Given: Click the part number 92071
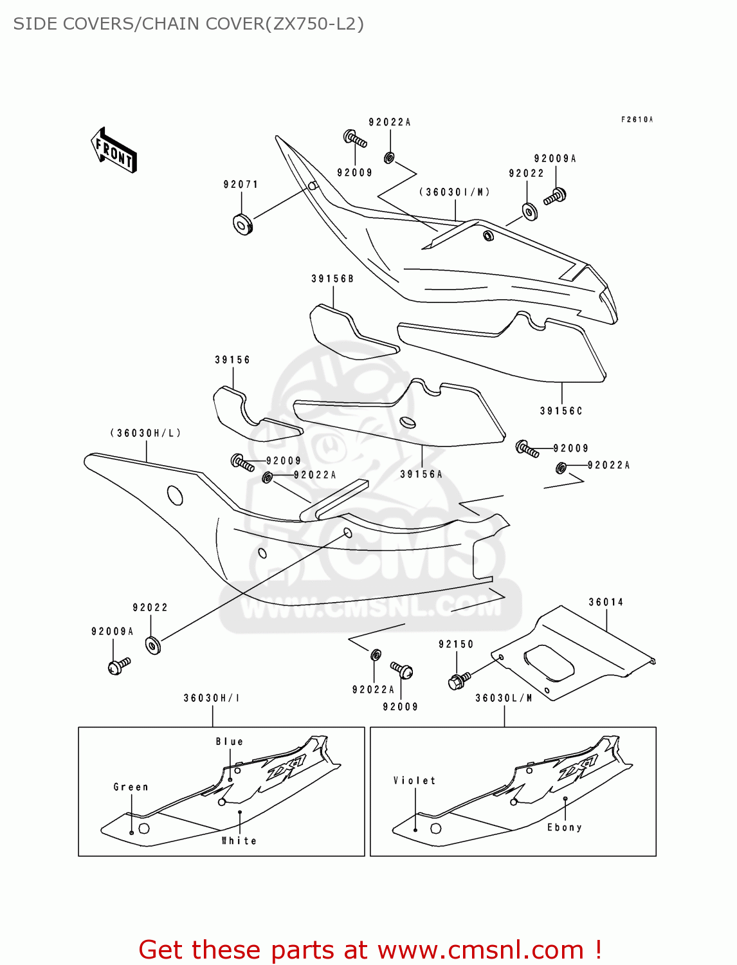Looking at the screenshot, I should point(241,185).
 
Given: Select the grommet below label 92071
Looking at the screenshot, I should point(242,224).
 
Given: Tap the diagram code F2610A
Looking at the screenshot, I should point(637,120).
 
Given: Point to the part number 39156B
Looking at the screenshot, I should point(332,279).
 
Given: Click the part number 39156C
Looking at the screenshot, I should point(561,410).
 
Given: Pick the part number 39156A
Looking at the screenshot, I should point(421,474).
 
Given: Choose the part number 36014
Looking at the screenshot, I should point(606,602).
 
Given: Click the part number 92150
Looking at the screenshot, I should point(456,644).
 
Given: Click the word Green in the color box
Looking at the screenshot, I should point(131,787).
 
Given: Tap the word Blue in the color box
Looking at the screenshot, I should point(230,742).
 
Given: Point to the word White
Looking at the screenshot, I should point(239,841).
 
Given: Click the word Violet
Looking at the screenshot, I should point(415,780).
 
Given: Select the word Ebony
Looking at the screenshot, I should point(564,827).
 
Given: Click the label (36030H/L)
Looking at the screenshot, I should point(145,433).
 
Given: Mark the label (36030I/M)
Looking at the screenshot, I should point(455,192).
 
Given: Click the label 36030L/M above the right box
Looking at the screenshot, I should point(504,698).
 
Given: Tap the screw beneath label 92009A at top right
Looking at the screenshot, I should point(555,196).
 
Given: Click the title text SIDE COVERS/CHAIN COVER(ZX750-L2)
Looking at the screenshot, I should point(188,24).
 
